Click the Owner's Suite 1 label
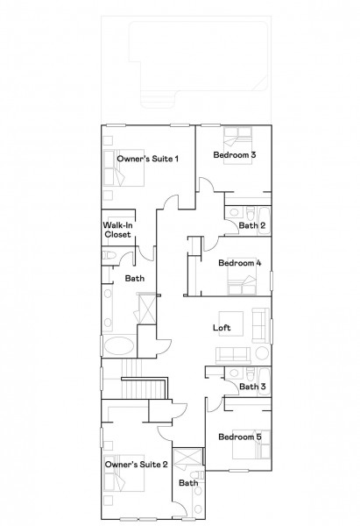(147, 159)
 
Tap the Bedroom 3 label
(235, 154)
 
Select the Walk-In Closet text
(117, 230)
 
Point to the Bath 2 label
(252, 225)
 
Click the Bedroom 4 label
(240, 263)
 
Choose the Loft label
(222, 327)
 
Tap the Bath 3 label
(252, 387)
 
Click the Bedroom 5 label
(240, 437)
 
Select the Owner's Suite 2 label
(136, 465)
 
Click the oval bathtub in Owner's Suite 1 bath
(119, 346)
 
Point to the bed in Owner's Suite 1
(124, 167)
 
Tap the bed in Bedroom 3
(238, 146)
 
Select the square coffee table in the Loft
(231, 323)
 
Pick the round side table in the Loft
(262, 353)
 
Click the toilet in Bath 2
(250, 212)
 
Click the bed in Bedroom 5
(251, 444)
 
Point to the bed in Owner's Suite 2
(124, 473)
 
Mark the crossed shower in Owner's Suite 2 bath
(188, 456)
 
